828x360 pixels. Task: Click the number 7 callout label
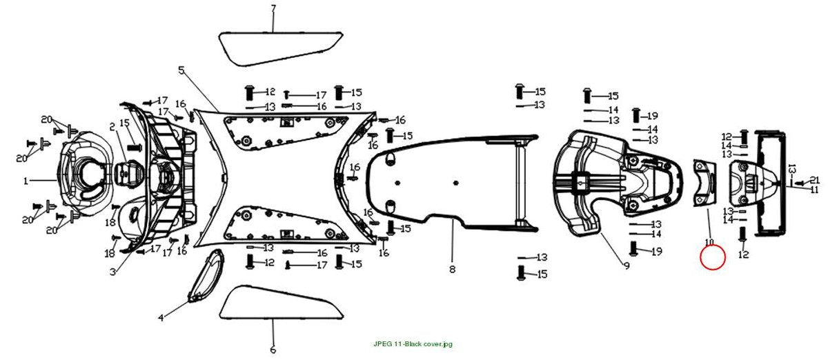click(x=273, y=8)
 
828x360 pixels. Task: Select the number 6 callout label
click(x=273, y=349)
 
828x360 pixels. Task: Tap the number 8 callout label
click(x=453, y=270)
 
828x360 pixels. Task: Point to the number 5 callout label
click(x=181, y=70)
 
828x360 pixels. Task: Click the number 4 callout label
click(x=161, y=318)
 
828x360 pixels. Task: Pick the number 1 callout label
click(x=26, y=181)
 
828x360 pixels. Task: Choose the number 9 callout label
click(x=627, y=266)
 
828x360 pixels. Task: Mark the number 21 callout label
click(x=815, y=180)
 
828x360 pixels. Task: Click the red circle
click(x=713, y=257)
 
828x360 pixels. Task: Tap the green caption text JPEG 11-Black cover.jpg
click(x=413, y=344)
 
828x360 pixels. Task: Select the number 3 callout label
click(x=112, y=272)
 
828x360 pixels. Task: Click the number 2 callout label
click(x=112, y=127)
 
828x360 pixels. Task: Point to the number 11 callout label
click(x=814, y=190)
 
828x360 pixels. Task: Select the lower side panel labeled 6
click(x=281, y=302)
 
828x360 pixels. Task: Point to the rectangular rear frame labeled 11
click(x=770, y=183)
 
